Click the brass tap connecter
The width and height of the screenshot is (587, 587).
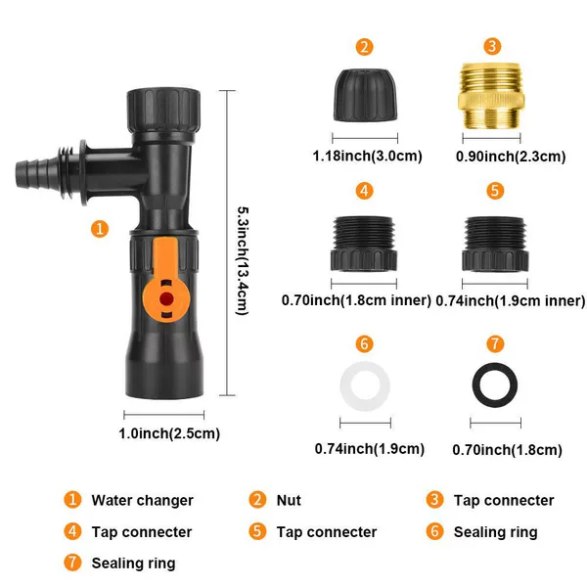pyautogui.click(x=491, y=97)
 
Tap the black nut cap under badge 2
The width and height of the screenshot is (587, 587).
pyautogui.click(x=365, y=95)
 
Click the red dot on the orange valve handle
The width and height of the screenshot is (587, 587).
pyautogui.click(x=166, y=298)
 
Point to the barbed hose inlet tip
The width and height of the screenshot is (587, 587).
pyautogui.click(x=23, y=174)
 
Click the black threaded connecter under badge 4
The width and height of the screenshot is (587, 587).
pyautogui.click(x=364, y=244)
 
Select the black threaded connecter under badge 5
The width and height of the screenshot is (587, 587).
pyautogui.click(x=495, y=244)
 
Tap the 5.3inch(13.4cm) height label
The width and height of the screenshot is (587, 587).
pyautogui.click(x=243, y=261)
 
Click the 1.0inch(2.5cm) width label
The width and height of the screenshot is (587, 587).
pyautogui.click(x=169, y=433)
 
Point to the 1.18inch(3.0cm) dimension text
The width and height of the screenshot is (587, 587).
pyautogui.click(x=367, y=156)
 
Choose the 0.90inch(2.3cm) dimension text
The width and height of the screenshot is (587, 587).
pyautogui.click(x=511, y=157)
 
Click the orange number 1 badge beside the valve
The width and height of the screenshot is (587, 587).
pyautogui.click(x=100, y=229)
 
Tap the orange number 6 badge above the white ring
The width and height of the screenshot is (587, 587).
pyautogui.click(x=364, y=343)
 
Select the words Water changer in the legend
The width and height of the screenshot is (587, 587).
pyautogui.click(x=142, y=500)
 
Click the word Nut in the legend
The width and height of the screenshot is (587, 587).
pyautogui.click(x=289, y=500)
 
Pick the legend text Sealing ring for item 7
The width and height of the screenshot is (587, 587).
pyautogui.click(x=133, y=564)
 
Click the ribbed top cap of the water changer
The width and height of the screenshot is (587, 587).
pyautogui.click(x=163, y=110)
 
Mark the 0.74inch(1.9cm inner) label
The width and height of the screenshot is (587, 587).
pyautogui.click(x=511, y=300)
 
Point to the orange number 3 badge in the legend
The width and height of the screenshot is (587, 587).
pyautogui.click(x=434, y=500)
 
